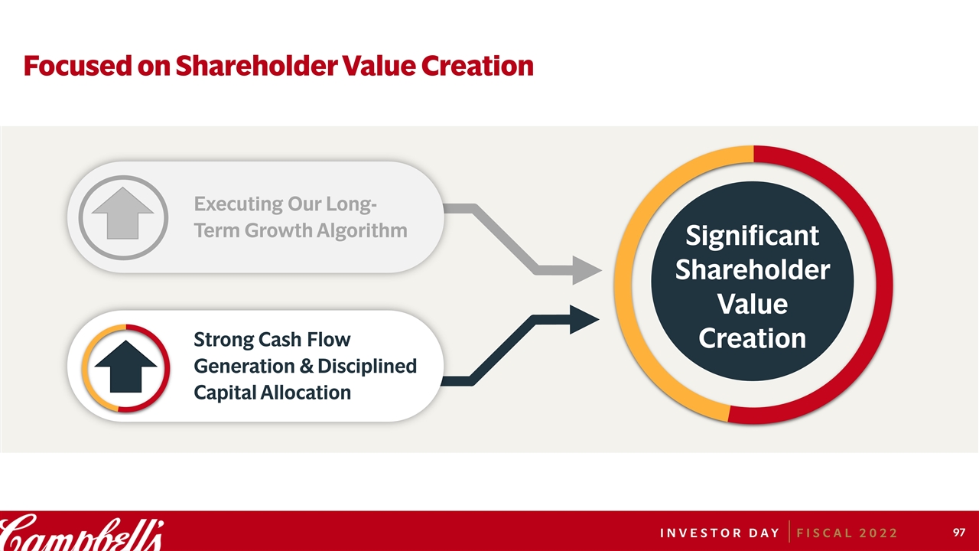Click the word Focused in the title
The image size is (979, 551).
coord(78,66)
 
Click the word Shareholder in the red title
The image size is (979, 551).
coord(256,66)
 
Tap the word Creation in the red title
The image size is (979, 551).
coord(477,66)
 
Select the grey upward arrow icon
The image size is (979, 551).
coord(123,214)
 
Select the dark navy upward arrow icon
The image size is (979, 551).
coord(126,367)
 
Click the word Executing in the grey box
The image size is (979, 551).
coord(239,204)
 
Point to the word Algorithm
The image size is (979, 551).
coord(362,231)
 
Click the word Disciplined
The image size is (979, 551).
coord(367,367)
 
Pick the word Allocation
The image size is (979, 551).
coord(305,393)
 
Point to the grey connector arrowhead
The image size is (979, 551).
coord(587,270)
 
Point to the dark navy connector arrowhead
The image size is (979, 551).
coord(584,320)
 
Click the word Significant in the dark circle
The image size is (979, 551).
coord(752,236)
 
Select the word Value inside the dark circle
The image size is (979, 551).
coord(752,304)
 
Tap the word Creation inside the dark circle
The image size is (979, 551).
coord(752,338)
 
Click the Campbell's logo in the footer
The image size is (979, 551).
coord(81,532)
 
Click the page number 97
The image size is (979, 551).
coord(959,532)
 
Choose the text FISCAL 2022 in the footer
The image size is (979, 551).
coord(847,533)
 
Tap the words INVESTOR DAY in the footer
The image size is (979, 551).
coord(720,533)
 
